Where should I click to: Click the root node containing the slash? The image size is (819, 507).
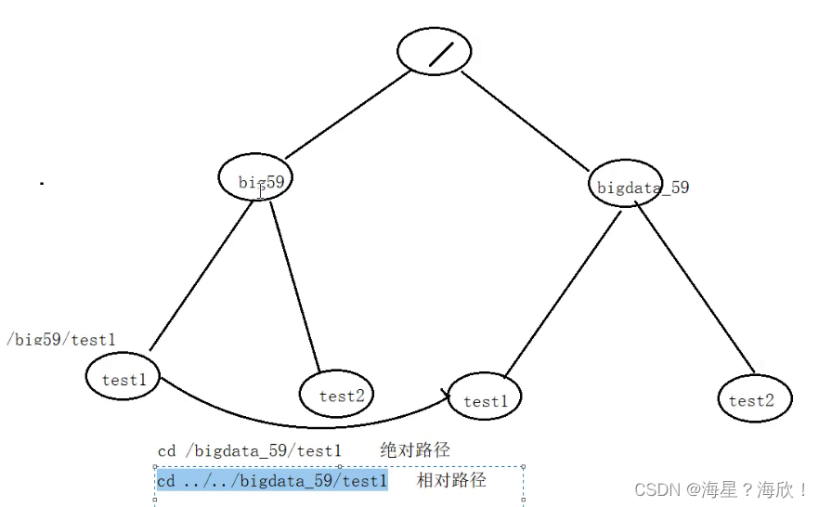(x=434, y=53)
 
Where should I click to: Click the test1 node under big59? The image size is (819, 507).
(x=123, y=377)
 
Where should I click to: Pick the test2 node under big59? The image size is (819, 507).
(x=336, y=394)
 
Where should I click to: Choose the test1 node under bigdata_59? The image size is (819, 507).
(x=485, y=398)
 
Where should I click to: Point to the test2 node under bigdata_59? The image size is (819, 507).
(x=754, y=399)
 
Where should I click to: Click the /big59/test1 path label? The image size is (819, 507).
(x=61, y=340)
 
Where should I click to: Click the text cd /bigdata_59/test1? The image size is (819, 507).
(x=250, y=451)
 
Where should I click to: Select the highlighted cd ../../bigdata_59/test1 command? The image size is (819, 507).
(x=271, y=481)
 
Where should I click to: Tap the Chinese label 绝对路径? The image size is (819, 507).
(x=415, y=450)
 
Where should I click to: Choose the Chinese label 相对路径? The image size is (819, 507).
(x=451, y=480)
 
